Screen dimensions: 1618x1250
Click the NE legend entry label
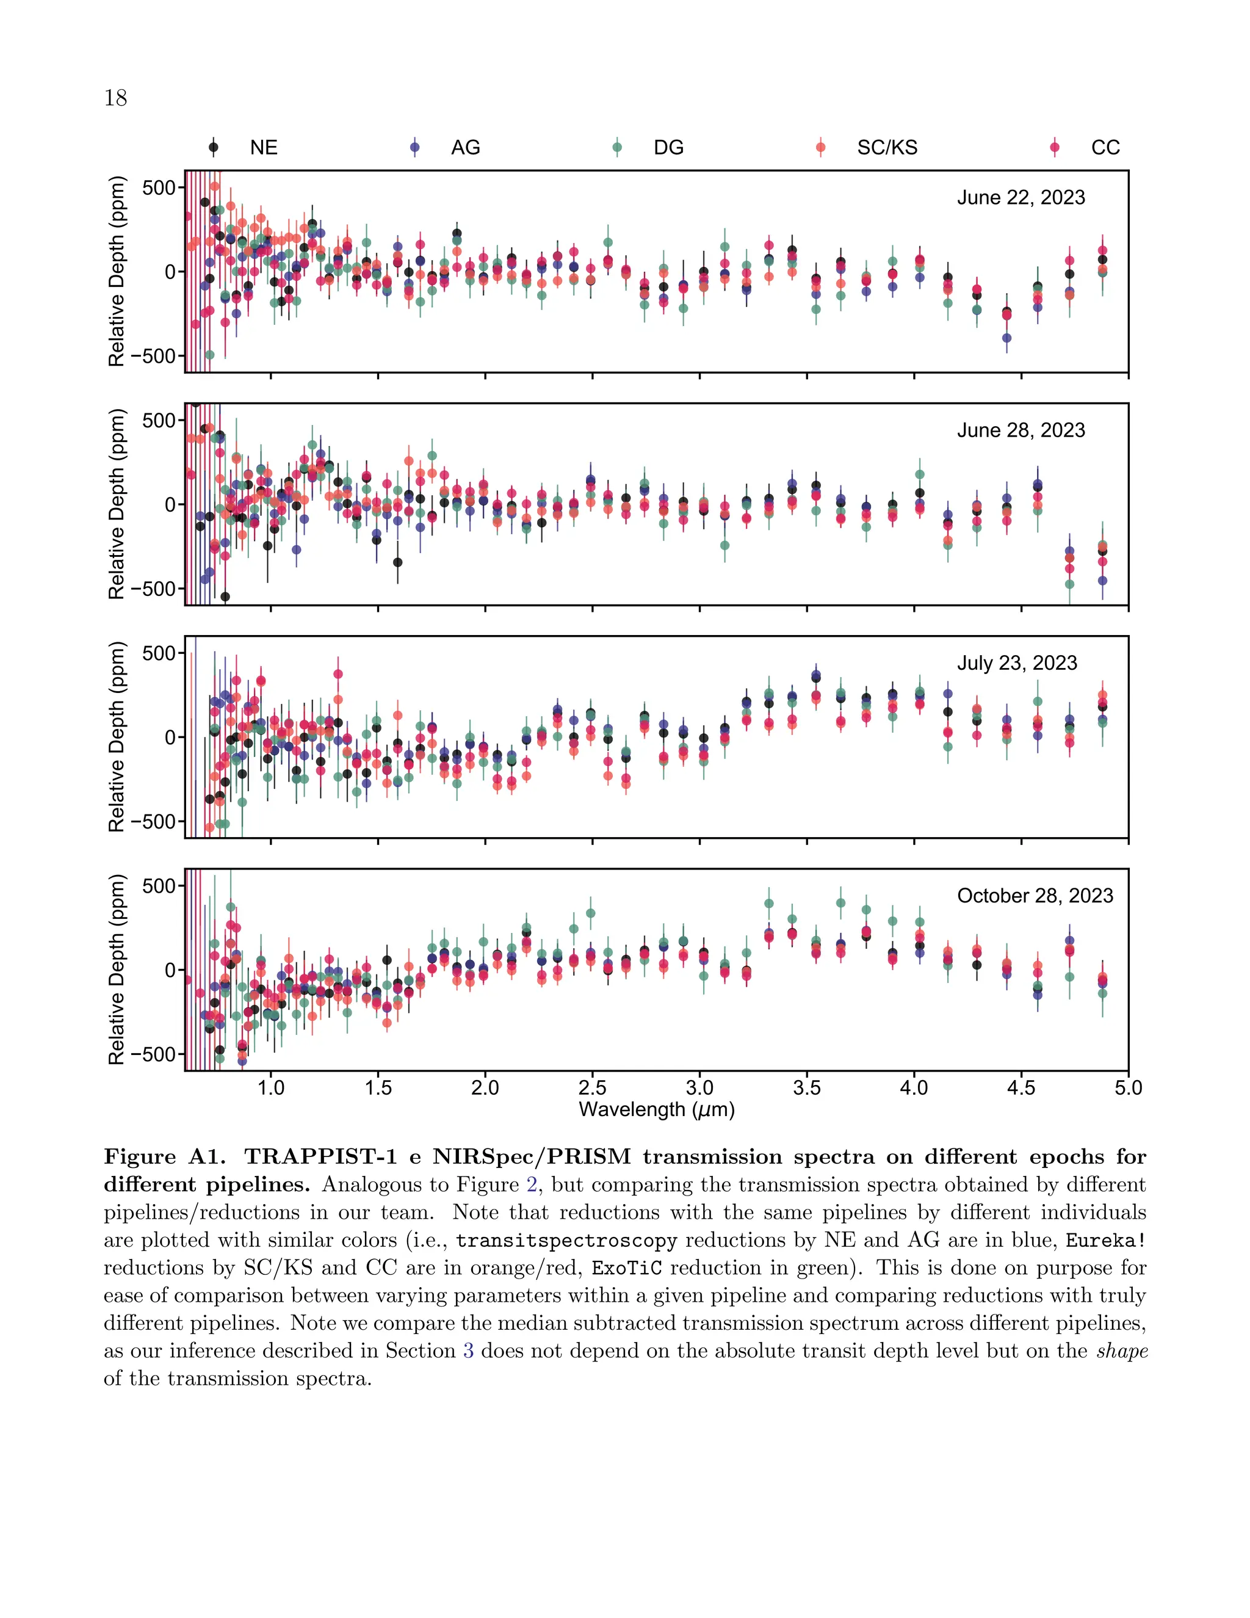[263, 147]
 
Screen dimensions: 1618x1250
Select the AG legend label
[465, 147]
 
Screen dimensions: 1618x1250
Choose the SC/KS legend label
[886, 147]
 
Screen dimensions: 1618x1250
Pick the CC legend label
[1105, 147]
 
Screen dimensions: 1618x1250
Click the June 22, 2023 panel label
[1021, 198]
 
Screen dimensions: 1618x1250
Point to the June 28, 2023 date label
[1021, 430]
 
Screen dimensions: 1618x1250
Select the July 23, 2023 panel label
[1017, 663]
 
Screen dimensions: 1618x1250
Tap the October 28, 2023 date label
[1035, 896]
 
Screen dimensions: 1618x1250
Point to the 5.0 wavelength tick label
[1128, 1087]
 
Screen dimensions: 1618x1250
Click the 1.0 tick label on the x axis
[270, 1087]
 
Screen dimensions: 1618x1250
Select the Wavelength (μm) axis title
[656, 1110]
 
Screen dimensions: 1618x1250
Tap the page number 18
[115, 98]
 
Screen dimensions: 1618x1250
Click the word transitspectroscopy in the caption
[566, 1241]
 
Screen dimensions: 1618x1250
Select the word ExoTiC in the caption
[626, 1268]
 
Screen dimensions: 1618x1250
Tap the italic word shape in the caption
[1122, 1351]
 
